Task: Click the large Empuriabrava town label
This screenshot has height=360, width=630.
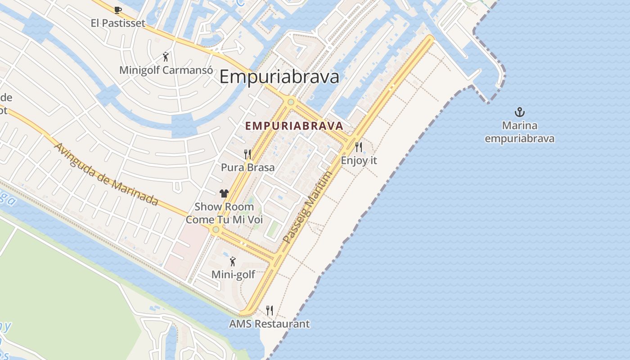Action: [x=279, y=77]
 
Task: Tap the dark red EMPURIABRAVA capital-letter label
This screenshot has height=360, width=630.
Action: [x=294, y=126]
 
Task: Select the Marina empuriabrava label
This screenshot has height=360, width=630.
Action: [x=520, y=132]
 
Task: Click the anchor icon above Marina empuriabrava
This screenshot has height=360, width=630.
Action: [x=520, y=112]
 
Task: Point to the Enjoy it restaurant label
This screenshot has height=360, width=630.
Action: [x=359, y=160]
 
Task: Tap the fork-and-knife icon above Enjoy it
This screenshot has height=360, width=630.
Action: [x=359, y=147]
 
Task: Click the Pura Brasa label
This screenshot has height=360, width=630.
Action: [x=247, y=167]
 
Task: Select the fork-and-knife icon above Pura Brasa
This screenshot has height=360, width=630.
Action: [x=247, y=154]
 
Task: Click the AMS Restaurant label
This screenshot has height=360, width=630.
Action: [x=269, y=324]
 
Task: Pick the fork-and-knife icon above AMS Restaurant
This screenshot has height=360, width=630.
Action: [x=269, y=310]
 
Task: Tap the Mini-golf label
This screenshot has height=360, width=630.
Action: [x=233, y=274]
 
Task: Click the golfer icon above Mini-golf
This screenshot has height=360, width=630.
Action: [x=233, y=261]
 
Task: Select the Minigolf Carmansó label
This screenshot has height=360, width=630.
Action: [x=166, y=70]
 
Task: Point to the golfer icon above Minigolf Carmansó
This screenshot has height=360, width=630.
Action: [x=166, y=57]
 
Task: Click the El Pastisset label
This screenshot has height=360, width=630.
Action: [x=118, y=23]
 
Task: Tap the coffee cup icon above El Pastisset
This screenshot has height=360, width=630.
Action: [x=118, y=10]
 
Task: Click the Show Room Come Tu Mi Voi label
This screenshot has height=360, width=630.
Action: [x=224, y=213]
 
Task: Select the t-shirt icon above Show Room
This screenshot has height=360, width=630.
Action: [x=224, y=193]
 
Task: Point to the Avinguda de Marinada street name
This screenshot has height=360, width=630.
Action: [x=106, y=175]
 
